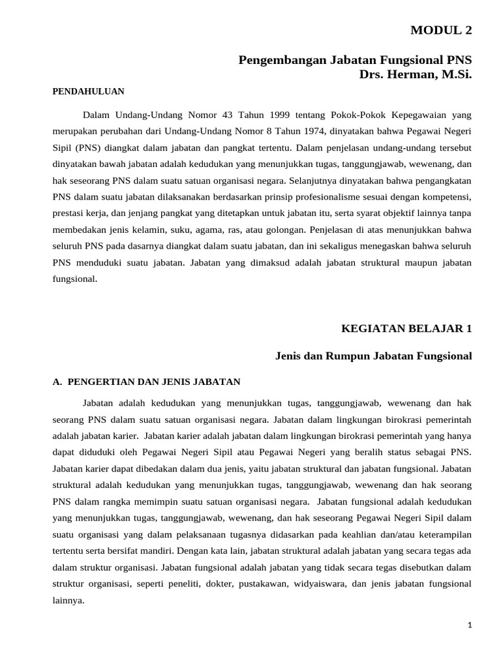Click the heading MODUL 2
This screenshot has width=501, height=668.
440,30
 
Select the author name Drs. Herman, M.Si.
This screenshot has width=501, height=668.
415,75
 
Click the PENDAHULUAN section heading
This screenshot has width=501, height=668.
88,91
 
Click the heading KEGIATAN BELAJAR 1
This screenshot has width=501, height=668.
406,329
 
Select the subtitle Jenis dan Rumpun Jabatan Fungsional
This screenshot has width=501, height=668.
373,356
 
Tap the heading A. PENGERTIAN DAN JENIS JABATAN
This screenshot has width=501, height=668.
146,382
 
